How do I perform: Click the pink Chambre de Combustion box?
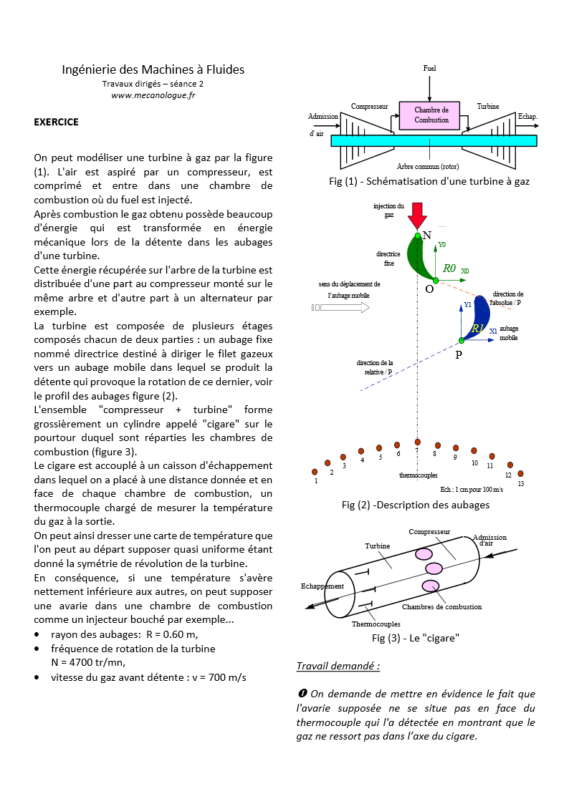tap(431, 115)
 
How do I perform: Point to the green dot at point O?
tap(435, 281)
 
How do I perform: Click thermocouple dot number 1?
tap(315, 472)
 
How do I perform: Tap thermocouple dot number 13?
tap(520, 473)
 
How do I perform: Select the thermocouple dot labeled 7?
tap(417, 442)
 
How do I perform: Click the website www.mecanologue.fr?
tap(153, 95)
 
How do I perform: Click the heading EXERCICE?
tap(57, 122)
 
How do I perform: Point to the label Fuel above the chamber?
tap(429, 69)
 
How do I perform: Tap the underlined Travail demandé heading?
tap(338, 666)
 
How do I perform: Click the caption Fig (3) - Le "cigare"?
tap(415, 637)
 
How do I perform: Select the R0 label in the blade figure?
tap(450, 268)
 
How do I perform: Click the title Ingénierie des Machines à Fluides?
tap(153, 69)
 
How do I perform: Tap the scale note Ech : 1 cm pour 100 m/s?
tap(472, 489)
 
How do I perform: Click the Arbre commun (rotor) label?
tap(427, 166)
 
